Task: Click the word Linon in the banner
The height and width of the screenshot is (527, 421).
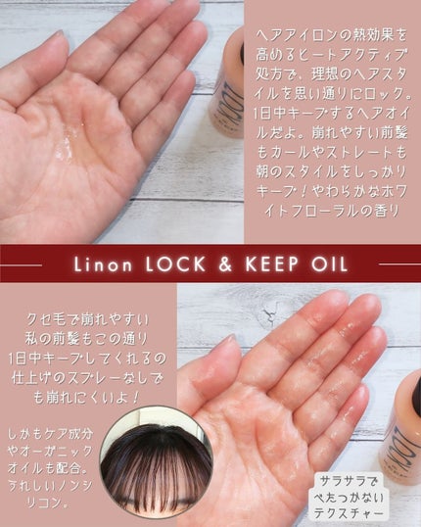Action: point(103,264)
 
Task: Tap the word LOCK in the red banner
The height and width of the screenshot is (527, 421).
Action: point(175,264)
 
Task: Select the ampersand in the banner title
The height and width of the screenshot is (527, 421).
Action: point(225,264)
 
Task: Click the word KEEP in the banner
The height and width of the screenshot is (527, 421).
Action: point(271,264)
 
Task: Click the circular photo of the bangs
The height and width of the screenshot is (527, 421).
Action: point(157,463)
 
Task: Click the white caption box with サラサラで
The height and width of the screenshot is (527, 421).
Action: point(349,497)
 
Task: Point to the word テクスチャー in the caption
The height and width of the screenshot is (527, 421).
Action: point(349,512)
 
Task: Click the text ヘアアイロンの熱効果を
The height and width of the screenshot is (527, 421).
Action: point(331,35)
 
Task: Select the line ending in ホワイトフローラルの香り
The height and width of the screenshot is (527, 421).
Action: point(331,211)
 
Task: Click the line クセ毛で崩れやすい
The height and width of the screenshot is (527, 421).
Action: point(87,319)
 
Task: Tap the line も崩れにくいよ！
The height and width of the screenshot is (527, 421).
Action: point(87,398)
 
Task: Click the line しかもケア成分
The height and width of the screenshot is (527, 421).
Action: point(50,434)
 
